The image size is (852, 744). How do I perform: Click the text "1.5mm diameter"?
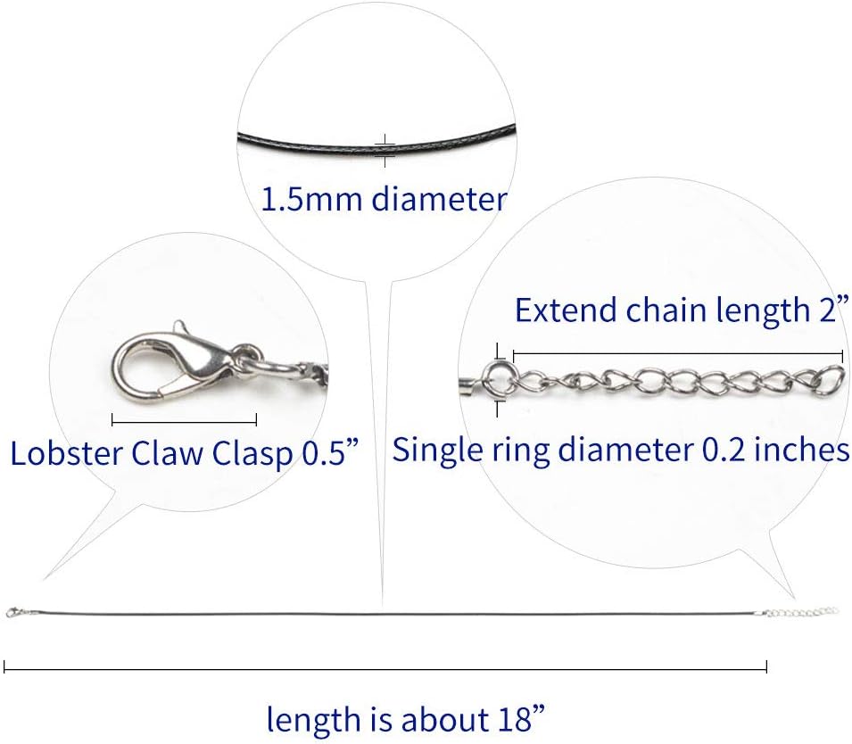tap(384, 198)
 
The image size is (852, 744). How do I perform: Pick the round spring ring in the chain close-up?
tap(497, 379)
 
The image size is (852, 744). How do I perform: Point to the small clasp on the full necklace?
tap(13, 612)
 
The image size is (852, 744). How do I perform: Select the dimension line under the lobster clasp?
tap(184, 418)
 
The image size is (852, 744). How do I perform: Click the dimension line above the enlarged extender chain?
tap(678, 353)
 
